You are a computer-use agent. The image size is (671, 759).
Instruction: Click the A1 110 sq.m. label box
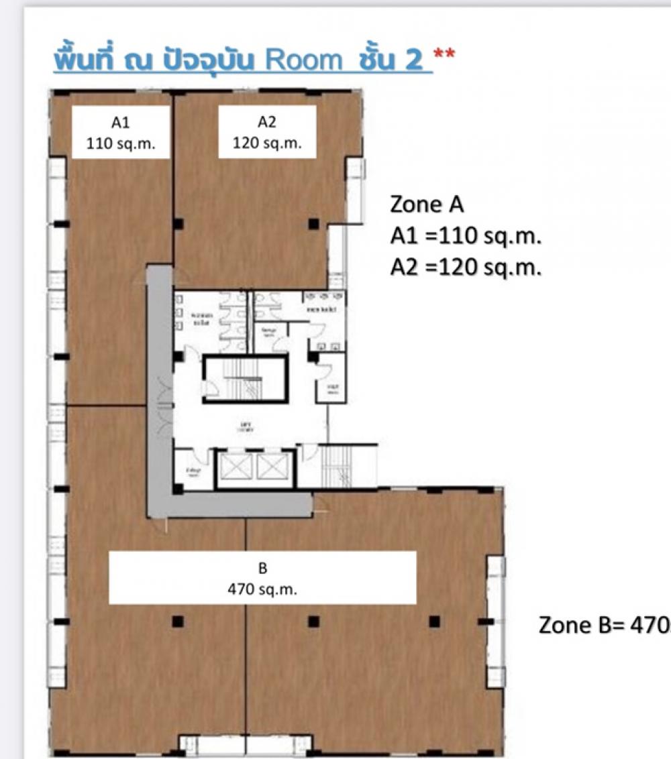pyautogui.click(x=121, y=132)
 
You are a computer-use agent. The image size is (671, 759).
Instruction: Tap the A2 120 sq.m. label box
pyautogui.click(x=266, y=132)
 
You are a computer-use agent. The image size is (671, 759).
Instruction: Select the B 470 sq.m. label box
pyautogui.click(x=262, y=578)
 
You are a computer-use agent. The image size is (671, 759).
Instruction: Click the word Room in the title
pyautogui.click(x=303, y=60)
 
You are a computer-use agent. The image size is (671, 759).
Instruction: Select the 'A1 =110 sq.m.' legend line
pyautogui.click(x=466, y=236)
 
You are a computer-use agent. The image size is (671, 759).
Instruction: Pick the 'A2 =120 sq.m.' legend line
pyautogui.click(x=466, y=268)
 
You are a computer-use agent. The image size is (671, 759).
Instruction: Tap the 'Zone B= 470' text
pyautogui.click(x=604, y=625)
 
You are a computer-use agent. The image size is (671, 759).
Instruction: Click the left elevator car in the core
pyautogui.click(x=237, y=467)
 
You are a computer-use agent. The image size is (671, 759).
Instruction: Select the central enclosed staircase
pyautogui.click(x=246, y=380)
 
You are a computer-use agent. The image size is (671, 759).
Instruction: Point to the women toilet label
pyautogui.click(x=199, y=318)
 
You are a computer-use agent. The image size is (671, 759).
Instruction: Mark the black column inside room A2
pyautogui.click(x=313, y=224)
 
